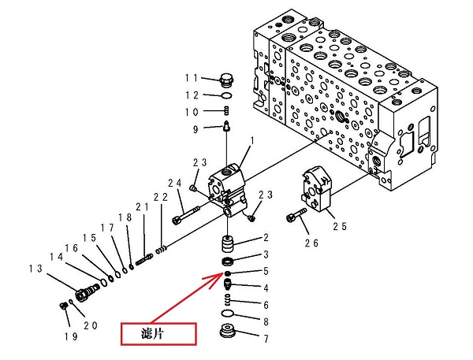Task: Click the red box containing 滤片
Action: pyautogui.click(x=158, y=333)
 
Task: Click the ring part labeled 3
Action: pyautogui.click(x=229, y=261)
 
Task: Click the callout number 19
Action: pyautogui.click(x=70, y=336)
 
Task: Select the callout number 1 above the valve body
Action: pyautogui.click(x=252, y=141)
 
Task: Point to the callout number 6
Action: pyautogui.click(x=266, y=305)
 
